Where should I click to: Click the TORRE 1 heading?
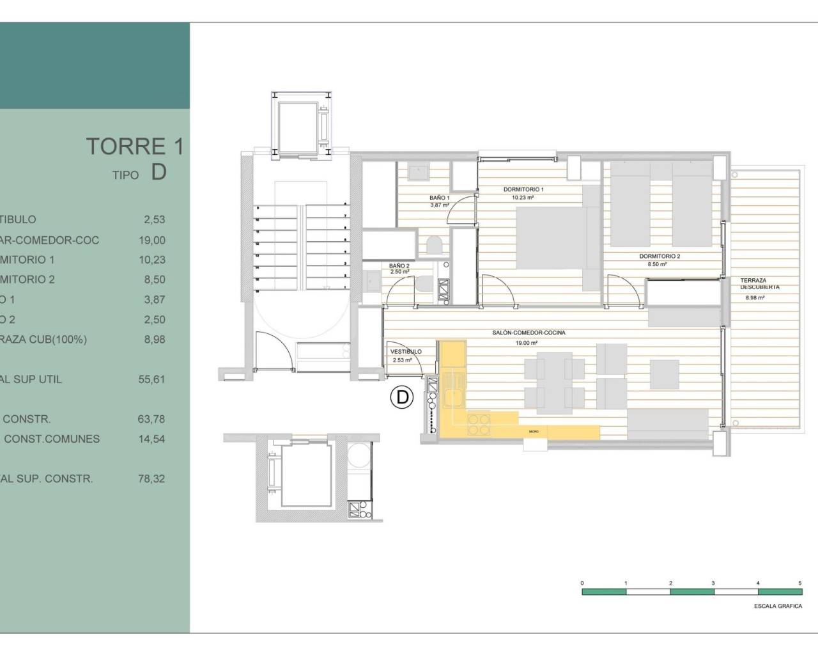tap(135, 146)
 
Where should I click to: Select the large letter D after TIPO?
tap(158, 172)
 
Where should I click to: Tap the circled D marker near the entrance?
tap(402, 397)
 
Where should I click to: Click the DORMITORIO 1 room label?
tap(523, 190)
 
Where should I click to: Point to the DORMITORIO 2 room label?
tap(660, 256)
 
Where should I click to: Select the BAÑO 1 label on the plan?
tap(440, 198)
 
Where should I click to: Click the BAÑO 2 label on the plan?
tap(399, 266)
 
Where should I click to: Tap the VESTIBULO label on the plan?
tap(406, 352)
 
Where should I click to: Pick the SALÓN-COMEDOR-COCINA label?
tap(529, 333)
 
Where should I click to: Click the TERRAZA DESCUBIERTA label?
tap(759, 284)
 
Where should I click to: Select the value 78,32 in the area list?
tap(151, 478)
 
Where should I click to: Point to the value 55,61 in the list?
tap(151, 379)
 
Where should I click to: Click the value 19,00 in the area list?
tap(151, 240)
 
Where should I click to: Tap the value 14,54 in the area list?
tap(151, 439)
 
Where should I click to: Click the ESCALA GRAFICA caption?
tap(778, 606)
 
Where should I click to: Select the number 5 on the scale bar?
tap(799, 583)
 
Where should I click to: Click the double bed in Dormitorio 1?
tap(553, 238)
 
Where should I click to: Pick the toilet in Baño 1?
tap(434, 245)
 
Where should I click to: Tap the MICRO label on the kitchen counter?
tap(534, 432)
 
